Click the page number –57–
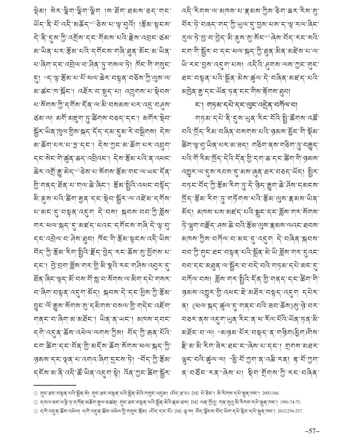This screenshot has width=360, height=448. click(x=312, y=431)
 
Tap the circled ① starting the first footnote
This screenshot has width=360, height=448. click(x=35, y=393)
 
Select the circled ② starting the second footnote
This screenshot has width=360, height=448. click(x=35, y=402)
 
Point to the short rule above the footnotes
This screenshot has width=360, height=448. click(x=55, y=385)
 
